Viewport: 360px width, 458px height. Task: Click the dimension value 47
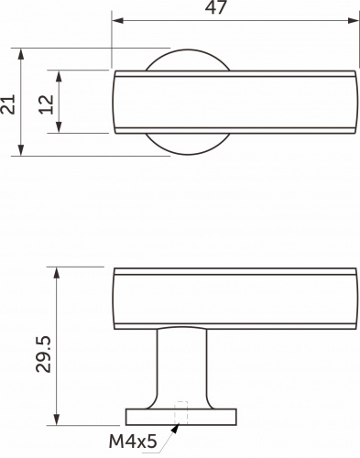click(x=216, y=7)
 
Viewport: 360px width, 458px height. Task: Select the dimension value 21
click(x=7, y=104)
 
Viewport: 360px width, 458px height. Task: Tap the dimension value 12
click(x=46, y=104)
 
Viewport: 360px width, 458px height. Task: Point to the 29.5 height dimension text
click(x=43, y=354)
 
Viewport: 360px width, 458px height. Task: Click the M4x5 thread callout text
click(x=133, y=442)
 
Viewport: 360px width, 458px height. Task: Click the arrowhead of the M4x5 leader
click(x=175, y=428)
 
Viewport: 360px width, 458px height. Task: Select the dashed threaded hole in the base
click(x=180, y=413)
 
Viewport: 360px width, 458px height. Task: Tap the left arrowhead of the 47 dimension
click(x=117, y=20)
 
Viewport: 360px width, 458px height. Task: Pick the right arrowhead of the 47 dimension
click(x=354, y=20)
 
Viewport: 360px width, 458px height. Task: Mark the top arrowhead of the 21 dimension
click(x=21, y=54)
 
